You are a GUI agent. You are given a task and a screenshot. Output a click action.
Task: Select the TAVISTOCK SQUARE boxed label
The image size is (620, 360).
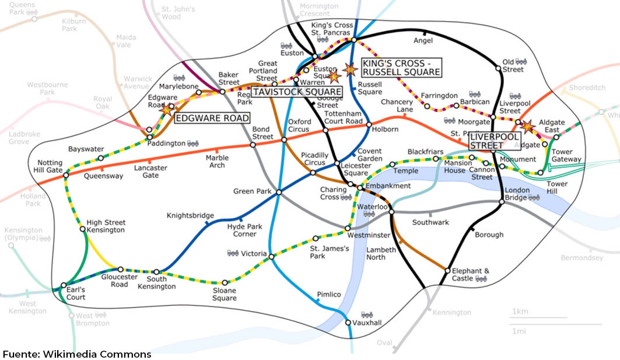pos(297,92)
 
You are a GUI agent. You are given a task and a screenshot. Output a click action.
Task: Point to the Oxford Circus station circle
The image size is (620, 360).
pos(283,140)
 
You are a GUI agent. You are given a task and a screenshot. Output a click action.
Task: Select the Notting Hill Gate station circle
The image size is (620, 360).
pos(66,174)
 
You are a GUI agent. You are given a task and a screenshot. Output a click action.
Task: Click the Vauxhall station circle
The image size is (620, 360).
pos(348,322)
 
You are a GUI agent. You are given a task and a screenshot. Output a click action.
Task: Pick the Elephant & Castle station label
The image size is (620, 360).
pos(471,275)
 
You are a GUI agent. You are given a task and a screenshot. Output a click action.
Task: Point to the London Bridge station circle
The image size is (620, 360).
pos(502,202)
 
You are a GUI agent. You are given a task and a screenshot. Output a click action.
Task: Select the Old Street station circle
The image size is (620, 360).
pos(499,68)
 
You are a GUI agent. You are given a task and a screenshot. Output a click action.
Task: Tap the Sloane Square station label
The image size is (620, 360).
pos(225,294)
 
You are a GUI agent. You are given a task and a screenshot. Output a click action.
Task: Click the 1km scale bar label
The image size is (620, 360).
pos(520,311)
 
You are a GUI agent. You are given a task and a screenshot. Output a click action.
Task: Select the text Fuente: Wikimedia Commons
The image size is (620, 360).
pos(77,354)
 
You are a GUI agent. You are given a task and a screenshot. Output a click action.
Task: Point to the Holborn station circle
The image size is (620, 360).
pos(369,124)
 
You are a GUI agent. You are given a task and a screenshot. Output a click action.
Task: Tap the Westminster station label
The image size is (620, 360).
pos(368,235)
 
